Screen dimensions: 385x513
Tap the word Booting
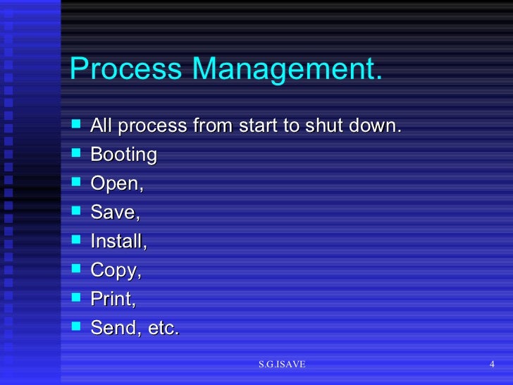point(124,154)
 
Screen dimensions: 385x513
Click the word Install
point(117,241)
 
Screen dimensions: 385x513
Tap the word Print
point(111,299)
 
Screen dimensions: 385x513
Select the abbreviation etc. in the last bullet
point(161,328)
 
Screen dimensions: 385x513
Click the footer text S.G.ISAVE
point(282,364)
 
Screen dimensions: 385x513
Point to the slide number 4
point(492,364)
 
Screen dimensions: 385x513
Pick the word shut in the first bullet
point(324,126)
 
